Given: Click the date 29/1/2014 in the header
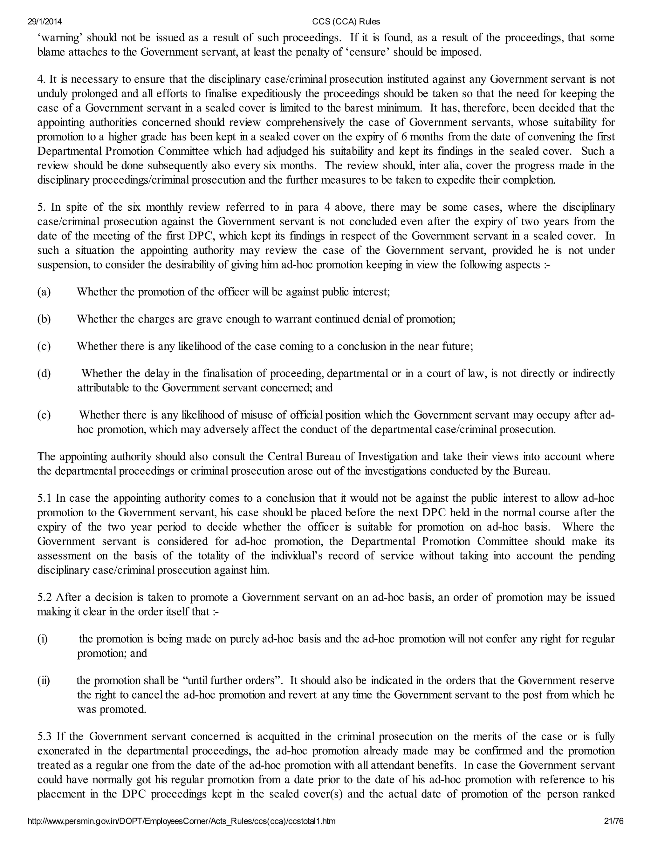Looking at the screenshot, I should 45,22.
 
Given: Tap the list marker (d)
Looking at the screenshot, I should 44,373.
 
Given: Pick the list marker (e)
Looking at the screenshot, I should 44,415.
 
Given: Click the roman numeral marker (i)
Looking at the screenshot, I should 42,639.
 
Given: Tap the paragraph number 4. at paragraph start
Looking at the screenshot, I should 42,79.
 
